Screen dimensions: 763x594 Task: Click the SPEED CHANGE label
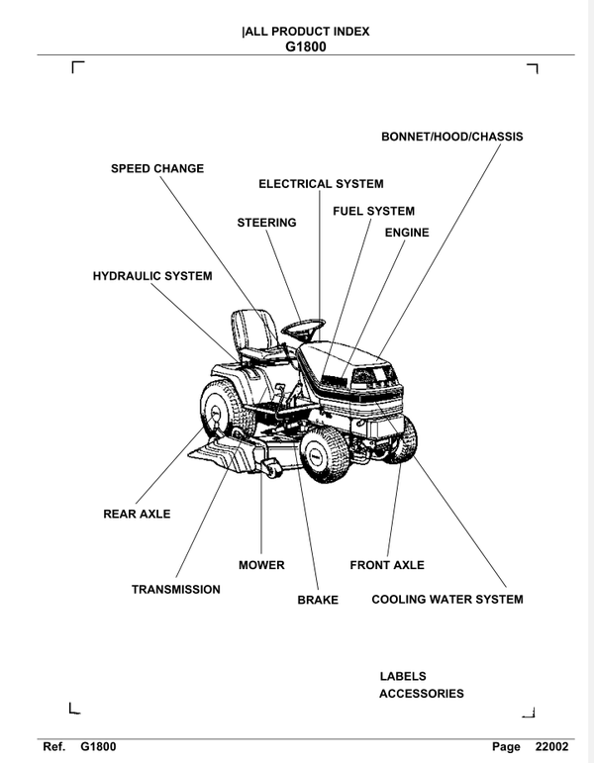tap(156, 168)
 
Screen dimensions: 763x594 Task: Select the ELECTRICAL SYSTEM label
tap(321, 184)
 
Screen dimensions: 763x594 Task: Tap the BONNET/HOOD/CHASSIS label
tap(451, 137)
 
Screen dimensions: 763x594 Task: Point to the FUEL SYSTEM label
tap(373, 211)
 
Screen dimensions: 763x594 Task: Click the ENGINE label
tap(406, 233)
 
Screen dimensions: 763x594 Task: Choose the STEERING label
tap(266, 223)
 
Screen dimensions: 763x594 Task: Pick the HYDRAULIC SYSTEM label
tap(152, 276)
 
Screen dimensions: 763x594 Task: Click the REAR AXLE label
tap(137, 514)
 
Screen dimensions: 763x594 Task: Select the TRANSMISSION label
tap(176, 590)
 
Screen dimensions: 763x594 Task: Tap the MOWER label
tap(261, 565)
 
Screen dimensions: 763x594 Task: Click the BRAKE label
tap(318, 600)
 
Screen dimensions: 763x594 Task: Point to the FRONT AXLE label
tap(387, 565)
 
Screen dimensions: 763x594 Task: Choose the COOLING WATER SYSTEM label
tap(446, 599)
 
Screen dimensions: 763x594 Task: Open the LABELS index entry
tap(403, 676)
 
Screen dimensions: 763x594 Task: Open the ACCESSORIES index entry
tap(421, 694)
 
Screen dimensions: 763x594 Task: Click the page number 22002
tap(553, 746)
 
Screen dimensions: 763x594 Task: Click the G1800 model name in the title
tap(305, 46)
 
